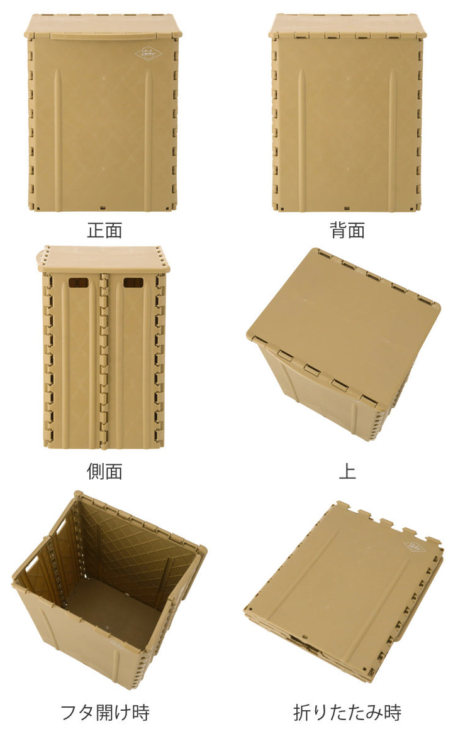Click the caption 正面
[104, 230]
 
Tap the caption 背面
[347, 230]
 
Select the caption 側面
[104, 471]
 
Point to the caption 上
[347, 471]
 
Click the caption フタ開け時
[105, 713]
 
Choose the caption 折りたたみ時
[347, 713]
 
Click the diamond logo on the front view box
[148, 54]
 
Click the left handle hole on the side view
[78, 283]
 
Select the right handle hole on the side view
[133, 283]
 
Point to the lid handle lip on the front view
[103, 36]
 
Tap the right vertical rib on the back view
[392, 139]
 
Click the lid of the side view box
[104, 258]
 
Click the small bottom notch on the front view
[104, 206]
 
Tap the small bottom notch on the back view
[347, 207]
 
